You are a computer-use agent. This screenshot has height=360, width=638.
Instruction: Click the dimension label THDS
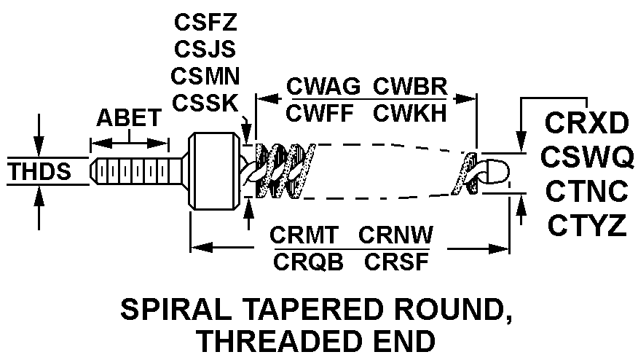point(39,173)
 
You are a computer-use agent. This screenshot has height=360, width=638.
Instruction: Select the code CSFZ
point(205,21)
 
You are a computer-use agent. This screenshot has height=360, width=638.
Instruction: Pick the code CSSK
point(205,102)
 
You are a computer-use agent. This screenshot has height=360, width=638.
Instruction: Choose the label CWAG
point(323,85)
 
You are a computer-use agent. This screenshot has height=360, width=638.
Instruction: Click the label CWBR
point(409,85)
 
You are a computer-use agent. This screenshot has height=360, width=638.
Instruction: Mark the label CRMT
point(305,235)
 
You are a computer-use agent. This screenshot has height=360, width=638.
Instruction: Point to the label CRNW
point(395,235)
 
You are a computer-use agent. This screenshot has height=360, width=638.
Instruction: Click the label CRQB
point(305,262)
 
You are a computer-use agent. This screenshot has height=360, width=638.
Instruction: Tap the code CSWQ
point(586,157)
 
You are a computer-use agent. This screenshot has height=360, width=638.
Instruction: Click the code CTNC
point(586,191)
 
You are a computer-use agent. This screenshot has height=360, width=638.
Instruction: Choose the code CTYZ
point(586,225)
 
